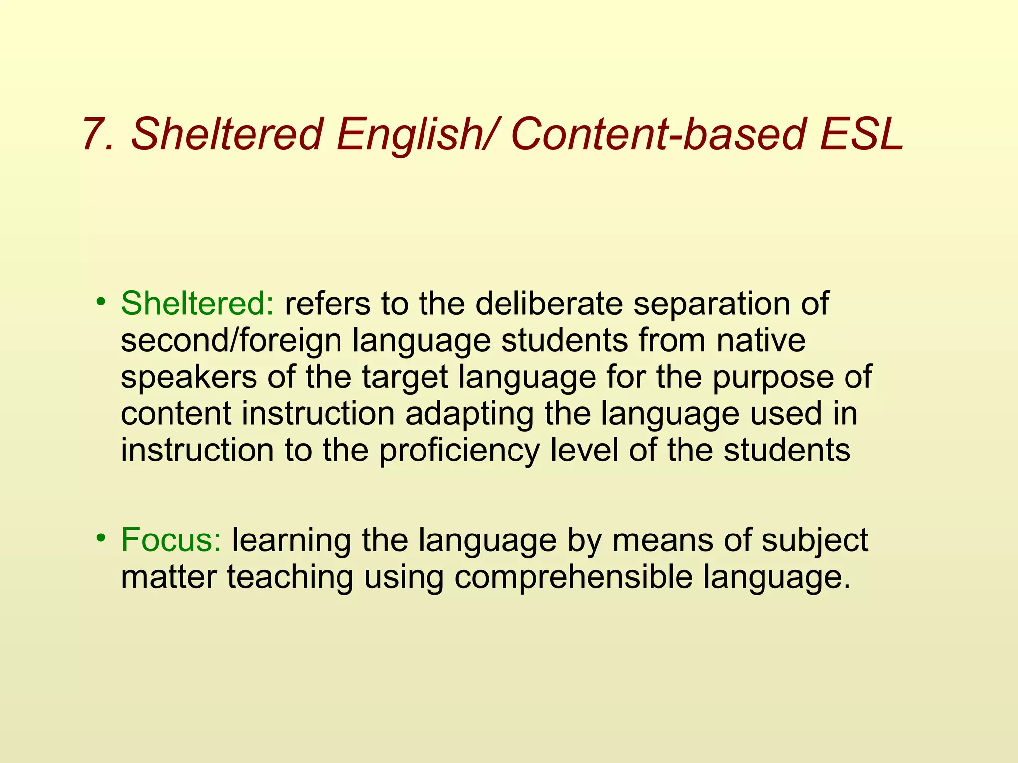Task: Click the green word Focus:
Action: pyautogui.click(x=171, y=540)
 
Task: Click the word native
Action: pyautogui.click(x=761, y=341)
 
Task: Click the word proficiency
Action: pyautogui.click(x=459, y=451)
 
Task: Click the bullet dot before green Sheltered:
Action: pyautogui.click(x=101, y=301)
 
